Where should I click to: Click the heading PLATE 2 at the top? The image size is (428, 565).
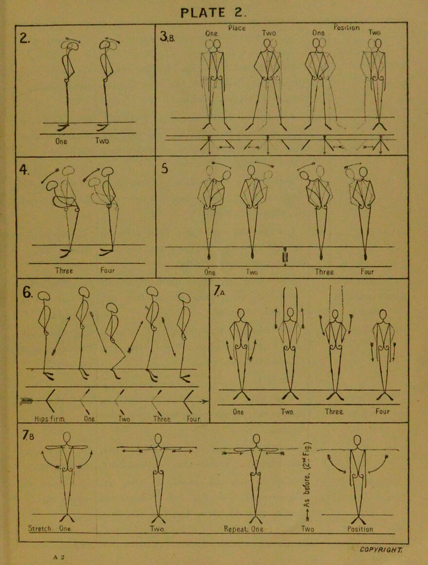[x=213, y=13]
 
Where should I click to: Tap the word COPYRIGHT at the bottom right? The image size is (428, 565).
[x=381, y=550]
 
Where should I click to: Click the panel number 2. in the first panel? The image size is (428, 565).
[x=25, y=37]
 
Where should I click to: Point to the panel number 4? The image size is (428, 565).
[x=24, y=170]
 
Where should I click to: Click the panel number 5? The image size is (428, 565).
[x=164, y=169]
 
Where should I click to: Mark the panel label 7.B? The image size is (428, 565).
[x=28, y=436]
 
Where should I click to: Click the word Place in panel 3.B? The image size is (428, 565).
[x=237, y=28]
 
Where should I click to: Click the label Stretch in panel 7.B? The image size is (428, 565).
[x=40, y=529]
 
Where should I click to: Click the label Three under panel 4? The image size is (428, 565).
[x=64, y=270]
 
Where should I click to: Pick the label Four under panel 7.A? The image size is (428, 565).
[x=383, y=411]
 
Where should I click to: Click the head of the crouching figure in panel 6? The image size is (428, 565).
[x=112, y=308]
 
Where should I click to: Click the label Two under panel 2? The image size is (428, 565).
[x=102, y=141]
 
